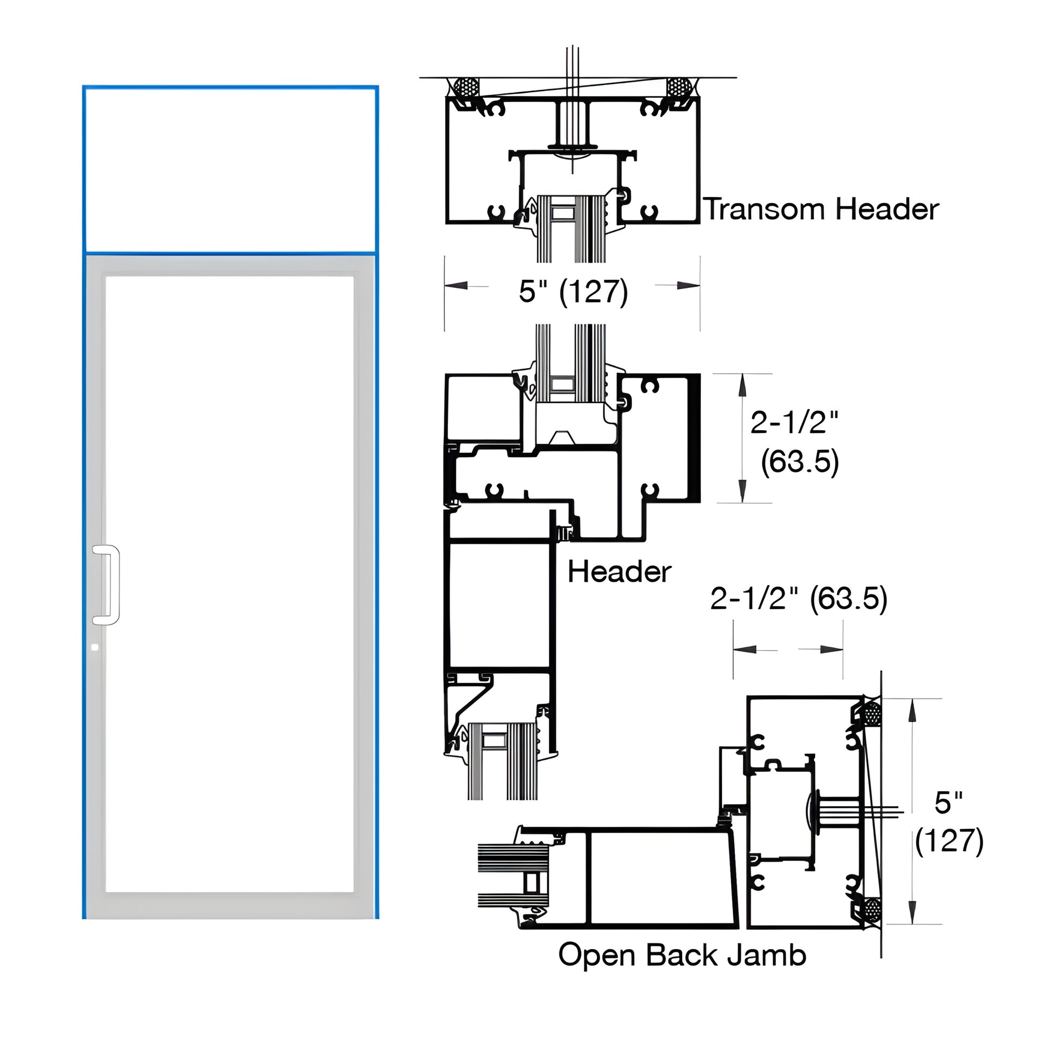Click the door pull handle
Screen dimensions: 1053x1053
pyautogui.click(x=108, y=585)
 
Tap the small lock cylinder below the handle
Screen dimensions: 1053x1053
pyautogui.click(x=95, y=648)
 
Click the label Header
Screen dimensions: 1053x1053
pyautogui.click(x=619, y=572)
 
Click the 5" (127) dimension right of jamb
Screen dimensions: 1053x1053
pyautogui.click(x=949, y=822)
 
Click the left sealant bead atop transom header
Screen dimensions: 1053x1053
pyautogui.click(x=467, y=87)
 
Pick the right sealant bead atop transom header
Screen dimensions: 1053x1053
pyautogui.click(x=679, y=87)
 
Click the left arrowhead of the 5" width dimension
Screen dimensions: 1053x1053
pyautogui.click(x=457, y=286)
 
